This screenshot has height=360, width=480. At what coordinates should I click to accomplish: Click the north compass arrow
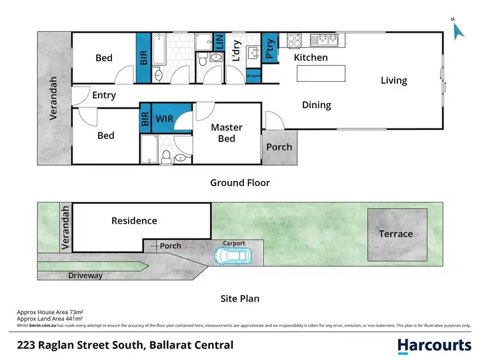point(456,29)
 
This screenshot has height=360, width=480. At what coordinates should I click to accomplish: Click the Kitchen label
point(310,58)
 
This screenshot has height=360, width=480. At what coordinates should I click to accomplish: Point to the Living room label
point(394,81)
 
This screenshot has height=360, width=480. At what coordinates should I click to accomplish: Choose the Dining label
point(316,105)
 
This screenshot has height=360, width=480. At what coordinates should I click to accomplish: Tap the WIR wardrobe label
point(166,120)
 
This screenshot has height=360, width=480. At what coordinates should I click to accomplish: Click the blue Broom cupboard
point(253,76)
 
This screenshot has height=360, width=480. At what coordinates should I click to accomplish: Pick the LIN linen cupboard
point(220,43)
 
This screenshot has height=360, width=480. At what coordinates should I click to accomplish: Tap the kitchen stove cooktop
point(294,40)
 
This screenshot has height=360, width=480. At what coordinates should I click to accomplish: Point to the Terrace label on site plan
point(396,234)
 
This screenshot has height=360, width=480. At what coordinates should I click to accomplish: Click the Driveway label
point(86,276)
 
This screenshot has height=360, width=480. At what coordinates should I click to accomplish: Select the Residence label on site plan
point(134,221)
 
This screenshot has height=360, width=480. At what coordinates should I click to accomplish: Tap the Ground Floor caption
point(240,183)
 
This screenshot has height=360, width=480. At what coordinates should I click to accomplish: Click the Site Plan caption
point(240,299)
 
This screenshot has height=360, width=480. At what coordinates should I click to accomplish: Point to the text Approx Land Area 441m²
point(50,319)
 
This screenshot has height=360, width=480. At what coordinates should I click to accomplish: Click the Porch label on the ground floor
point(279,147)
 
